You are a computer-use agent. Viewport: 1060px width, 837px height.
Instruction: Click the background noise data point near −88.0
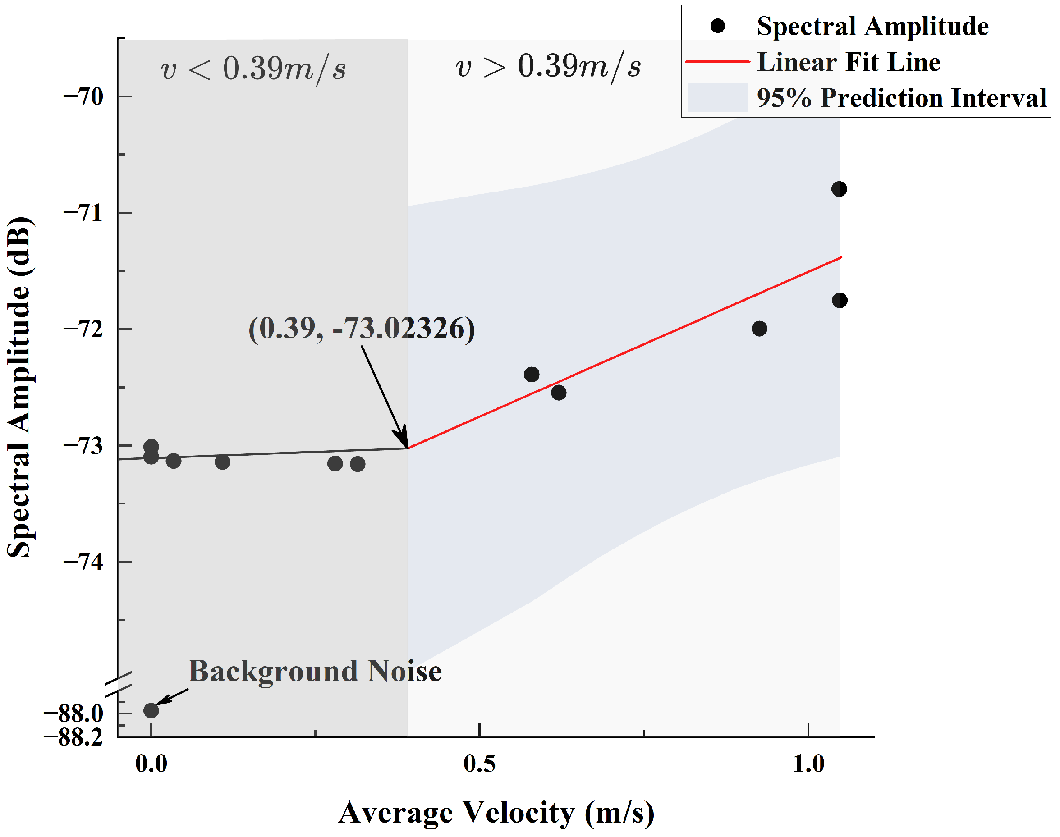coord(151,710)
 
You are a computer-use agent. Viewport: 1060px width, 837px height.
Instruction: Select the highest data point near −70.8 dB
coord(839,189)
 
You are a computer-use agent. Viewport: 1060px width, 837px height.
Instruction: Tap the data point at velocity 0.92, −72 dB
coord(759,328)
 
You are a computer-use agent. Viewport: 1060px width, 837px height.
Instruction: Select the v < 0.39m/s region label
coord(253,68)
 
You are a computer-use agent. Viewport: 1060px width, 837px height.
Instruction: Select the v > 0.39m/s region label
coord(548,66)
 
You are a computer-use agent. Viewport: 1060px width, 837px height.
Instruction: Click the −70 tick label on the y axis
coord(83,96)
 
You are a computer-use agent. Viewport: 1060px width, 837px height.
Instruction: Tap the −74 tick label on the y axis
coord(83,562)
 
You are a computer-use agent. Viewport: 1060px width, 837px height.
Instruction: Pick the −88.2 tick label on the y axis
coord(73,736)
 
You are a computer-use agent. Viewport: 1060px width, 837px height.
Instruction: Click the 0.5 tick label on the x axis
coord(479,764)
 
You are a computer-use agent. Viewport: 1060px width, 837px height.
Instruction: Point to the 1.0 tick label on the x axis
coord(808,764)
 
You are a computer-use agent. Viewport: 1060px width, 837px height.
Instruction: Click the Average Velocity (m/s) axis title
coord(496,813)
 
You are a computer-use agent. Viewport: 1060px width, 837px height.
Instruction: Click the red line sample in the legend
coord(717,62)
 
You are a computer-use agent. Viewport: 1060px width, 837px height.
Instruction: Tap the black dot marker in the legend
coord(717,26)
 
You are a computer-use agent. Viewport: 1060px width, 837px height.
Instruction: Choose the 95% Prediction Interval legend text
coord(901,97)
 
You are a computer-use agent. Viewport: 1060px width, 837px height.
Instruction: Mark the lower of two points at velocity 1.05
coord(840,300)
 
